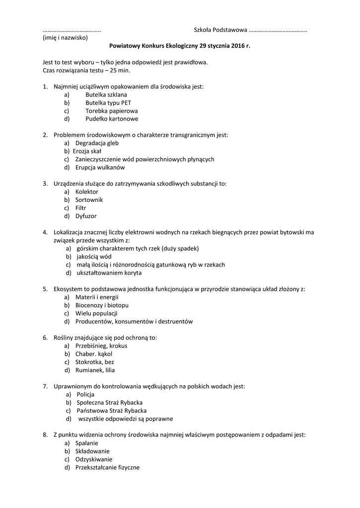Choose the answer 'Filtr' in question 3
(80, 208)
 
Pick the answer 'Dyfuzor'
(86, 216)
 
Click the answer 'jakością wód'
(94, 256)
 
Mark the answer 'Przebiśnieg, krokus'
(101, 346)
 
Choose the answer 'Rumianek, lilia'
(95, 370)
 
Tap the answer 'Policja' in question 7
(85, 394)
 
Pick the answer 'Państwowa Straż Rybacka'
(112, 411)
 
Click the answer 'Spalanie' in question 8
(86, 443)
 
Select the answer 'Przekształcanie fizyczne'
(107, 467)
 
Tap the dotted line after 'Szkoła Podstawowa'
(277, 30)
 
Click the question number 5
(45, 289)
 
